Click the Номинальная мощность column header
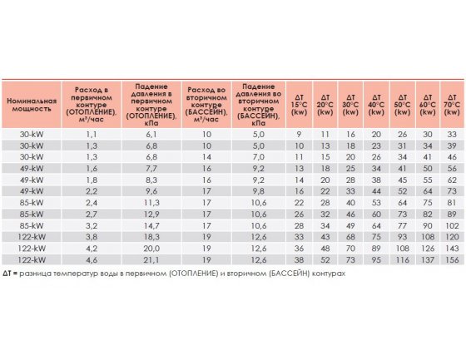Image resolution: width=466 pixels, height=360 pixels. coord(32,105)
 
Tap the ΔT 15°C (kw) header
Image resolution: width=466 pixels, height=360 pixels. coord(299,105)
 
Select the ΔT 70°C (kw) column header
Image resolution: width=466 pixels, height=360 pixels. coord(452,105)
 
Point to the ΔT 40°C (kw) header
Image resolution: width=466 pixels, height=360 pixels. coord(376,105)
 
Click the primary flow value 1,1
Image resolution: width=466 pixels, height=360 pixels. coord(92,135)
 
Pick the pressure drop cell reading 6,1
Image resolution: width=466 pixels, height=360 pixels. coord(151,135)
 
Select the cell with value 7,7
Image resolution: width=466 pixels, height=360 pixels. coord(151,169)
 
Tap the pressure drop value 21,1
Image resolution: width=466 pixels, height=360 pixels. coord(151,260)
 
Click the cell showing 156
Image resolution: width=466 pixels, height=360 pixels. coord(452,260)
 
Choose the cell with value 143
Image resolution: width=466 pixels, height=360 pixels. coord(452,249)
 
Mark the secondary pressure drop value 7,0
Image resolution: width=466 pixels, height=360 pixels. coord(259,157)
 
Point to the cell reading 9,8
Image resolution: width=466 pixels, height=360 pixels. coord(259,191)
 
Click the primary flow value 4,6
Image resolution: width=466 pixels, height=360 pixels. coord(92,260)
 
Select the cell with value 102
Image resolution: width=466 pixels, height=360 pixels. coord(452,226)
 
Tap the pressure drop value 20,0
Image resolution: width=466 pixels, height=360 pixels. coord(151,249)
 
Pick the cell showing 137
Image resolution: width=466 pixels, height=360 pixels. coord(428,260)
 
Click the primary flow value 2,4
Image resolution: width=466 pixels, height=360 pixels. coord(92,203)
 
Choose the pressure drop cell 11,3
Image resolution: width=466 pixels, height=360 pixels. coord(151,203)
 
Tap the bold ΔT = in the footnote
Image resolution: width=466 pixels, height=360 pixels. coord(10,274)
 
